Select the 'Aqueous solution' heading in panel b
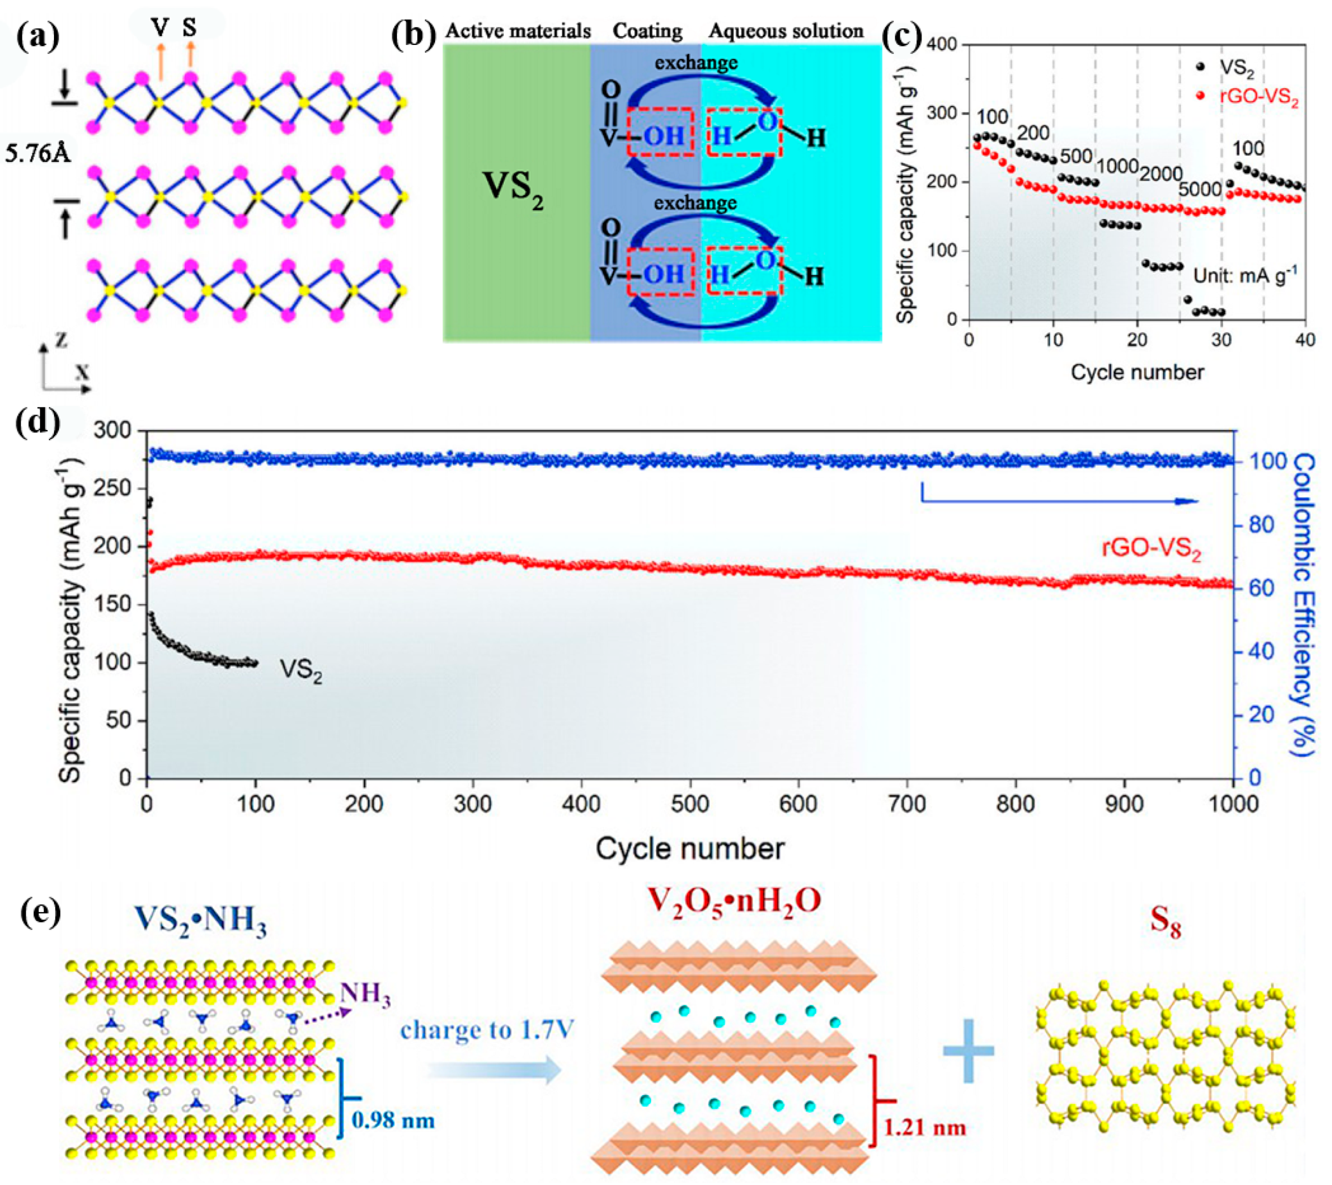coord(786,31)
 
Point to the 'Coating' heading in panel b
coord(647,31)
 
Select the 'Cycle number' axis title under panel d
coord(689,849)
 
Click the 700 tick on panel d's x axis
coord(907,804)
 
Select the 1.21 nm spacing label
coord(924,1127)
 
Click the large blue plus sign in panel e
coord(968,1051)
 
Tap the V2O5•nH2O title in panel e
coord(733,901)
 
